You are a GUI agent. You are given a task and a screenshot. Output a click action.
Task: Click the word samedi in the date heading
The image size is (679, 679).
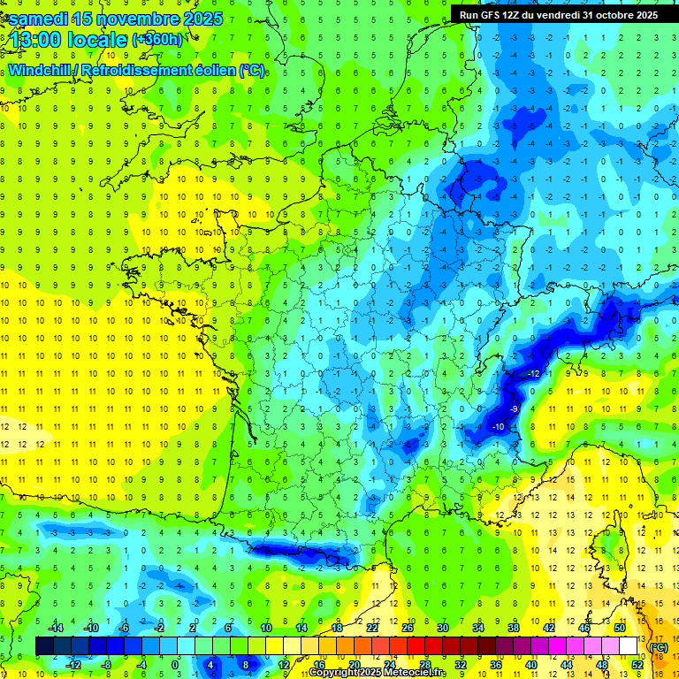coord(39,18)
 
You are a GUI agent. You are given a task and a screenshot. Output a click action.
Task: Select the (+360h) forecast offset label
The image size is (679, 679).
coord(156,40)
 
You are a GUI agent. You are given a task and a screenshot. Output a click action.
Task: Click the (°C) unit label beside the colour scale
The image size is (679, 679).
coord(658,647)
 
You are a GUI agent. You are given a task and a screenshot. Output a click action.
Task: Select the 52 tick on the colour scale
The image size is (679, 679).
coord(637,665)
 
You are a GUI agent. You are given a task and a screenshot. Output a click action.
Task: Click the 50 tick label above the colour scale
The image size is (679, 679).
coord(619,628)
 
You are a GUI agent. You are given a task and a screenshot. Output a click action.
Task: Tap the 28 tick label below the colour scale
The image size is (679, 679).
coord(425,665)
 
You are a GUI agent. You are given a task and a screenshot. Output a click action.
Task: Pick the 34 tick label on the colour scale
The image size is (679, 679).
coord(477,628)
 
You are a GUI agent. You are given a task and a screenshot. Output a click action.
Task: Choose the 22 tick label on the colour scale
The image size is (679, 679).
coord(372,628)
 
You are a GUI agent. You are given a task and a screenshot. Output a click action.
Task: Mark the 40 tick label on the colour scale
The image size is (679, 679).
coord(530,665)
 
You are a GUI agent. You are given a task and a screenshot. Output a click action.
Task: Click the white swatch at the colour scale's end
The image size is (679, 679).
coord(629,646)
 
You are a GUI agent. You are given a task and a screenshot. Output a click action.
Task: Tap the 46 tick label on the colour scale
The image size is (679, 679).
coord(584,628)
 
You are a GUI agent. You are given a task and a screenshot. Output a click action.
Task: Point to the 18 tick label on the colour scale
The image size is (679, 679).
coord(337,628)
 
